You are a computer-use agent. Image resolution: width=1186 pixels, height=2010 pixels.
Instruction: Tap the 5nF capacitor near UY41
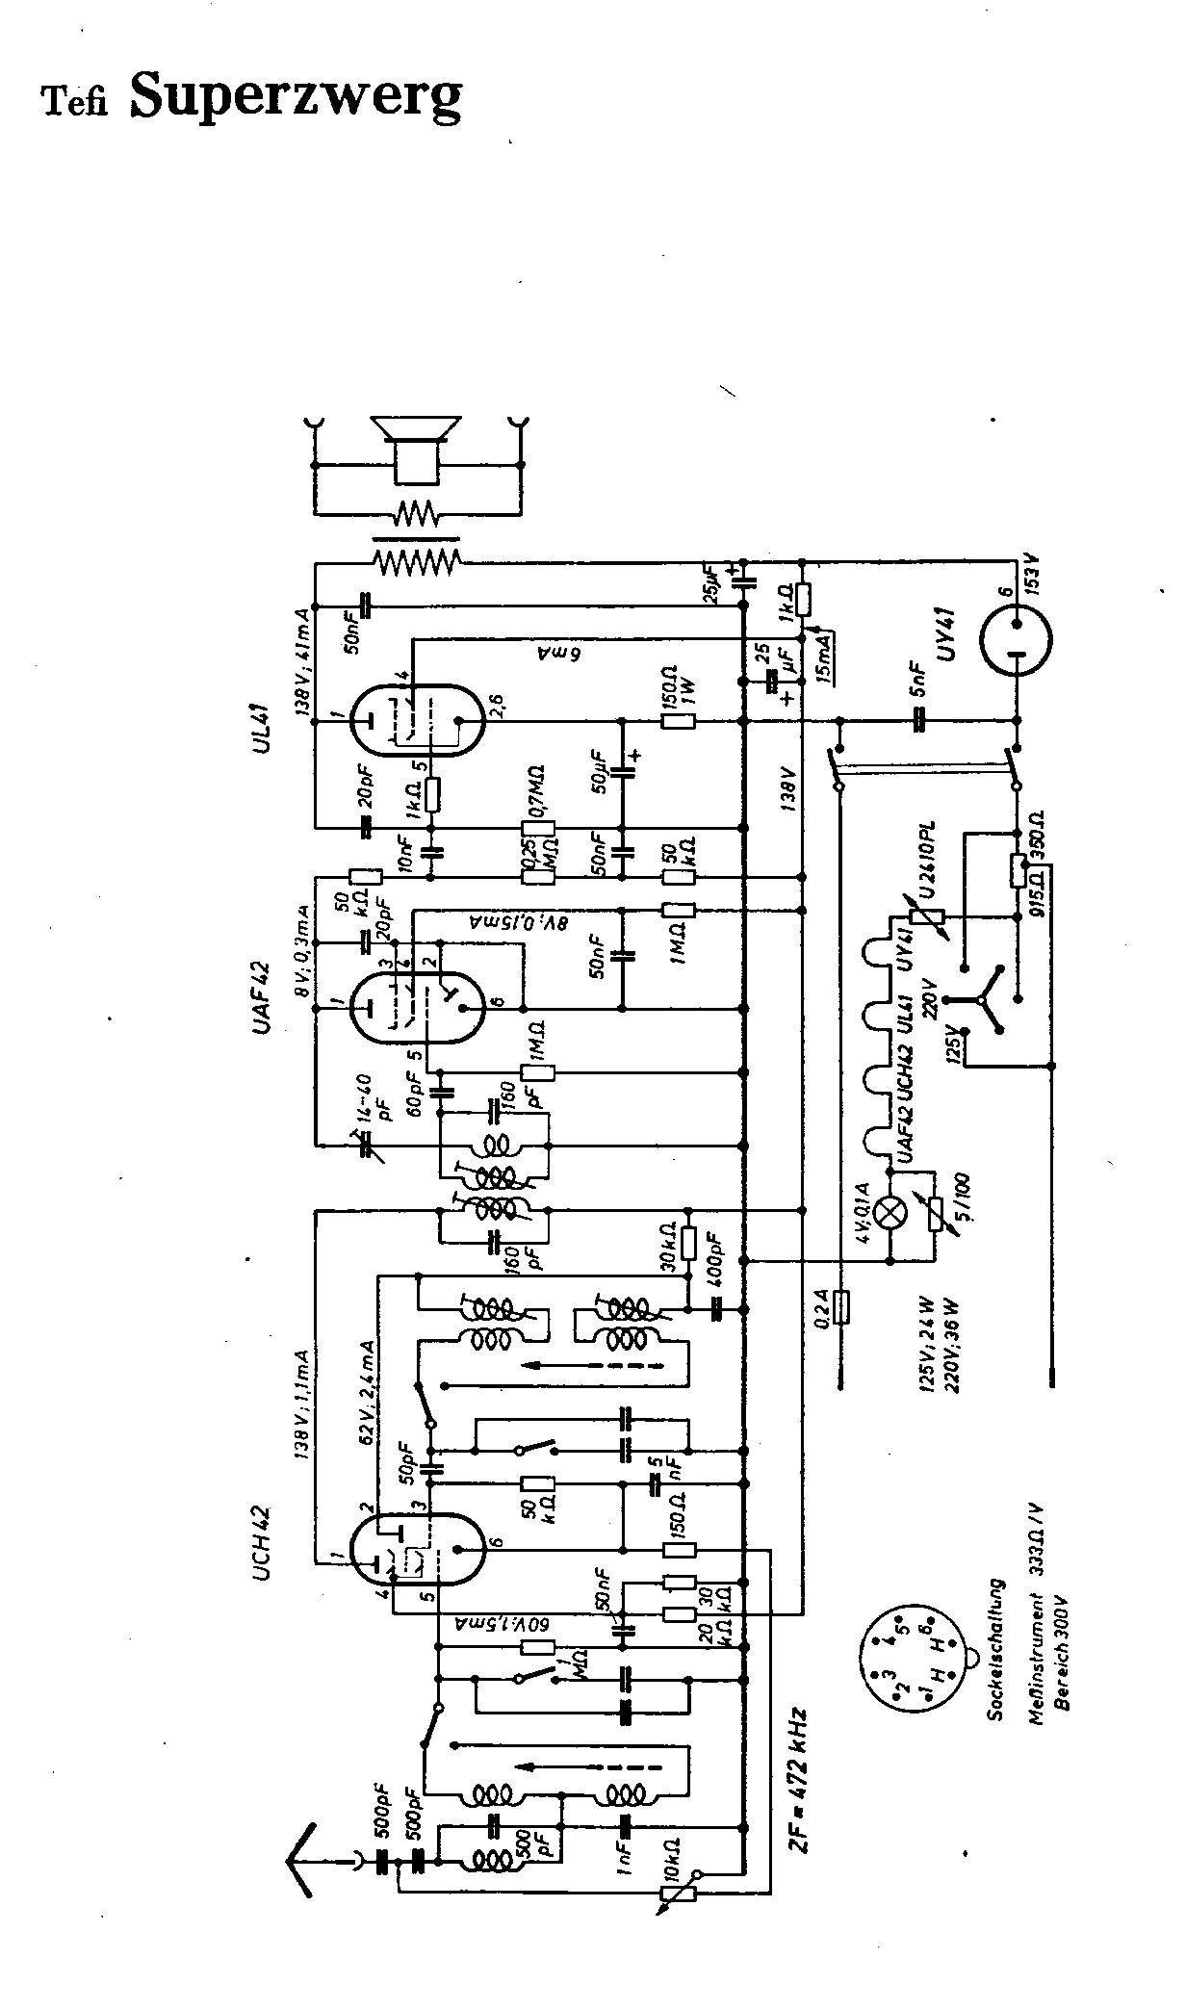tap(919, 718)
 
